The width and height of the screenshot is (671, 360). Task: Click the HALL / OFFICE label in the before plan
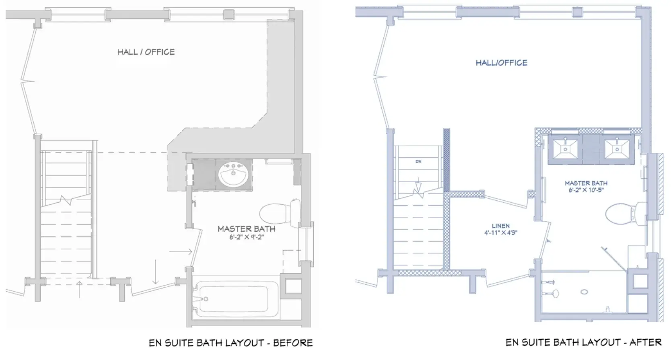146,52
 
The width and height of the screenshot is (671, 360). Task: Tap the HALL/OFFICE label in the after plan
502,63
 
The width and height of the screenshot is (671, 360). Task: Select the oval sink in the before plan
233,175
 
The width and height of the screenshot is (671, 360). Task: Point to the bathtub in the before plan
235,299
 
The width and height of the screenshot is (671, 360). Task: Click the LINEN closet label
500,226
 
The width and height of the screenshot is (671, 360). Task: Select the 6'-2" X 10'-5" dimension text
586,190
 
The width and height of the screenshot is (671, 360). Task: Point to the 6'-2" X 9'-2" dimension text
247,237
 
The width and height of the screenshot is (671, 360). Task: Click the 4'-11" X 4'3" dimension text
500,232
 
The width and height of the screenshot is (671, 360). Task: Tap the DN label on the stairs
418,162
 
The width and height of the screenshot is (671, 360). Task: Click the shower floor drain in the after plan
584,292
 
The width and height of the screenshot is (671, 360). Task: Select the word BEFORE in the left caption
293,343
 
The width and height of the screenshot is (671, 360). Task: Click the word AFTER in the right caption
645,342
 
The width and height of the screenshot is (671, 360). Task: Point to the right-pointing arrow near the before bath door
181,251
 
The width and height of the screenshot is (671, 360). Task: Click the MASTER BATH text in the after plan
586,183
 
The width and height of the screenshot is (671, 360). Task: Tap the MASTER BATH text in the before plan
247,229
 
